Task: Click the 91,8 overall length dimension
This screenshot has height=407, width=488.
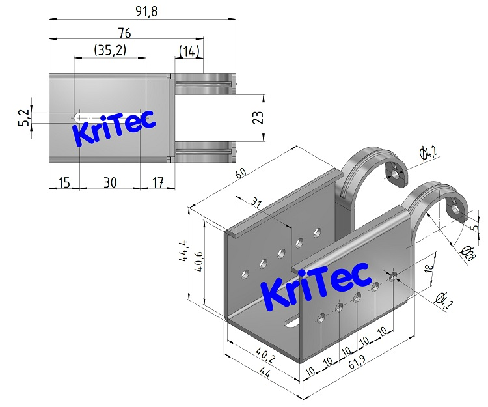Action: tap(142, 11)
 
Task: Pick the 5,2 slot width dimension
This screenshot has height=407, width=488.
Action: tap(24, 118)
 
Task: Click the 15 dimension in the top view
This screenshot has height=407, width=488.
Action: tap(64, 182)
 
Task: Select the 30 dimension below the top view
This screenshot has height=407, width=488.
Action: tap(110, 182)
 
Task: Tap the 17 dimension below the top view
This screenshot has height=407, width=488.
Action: tap(156, 182)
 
